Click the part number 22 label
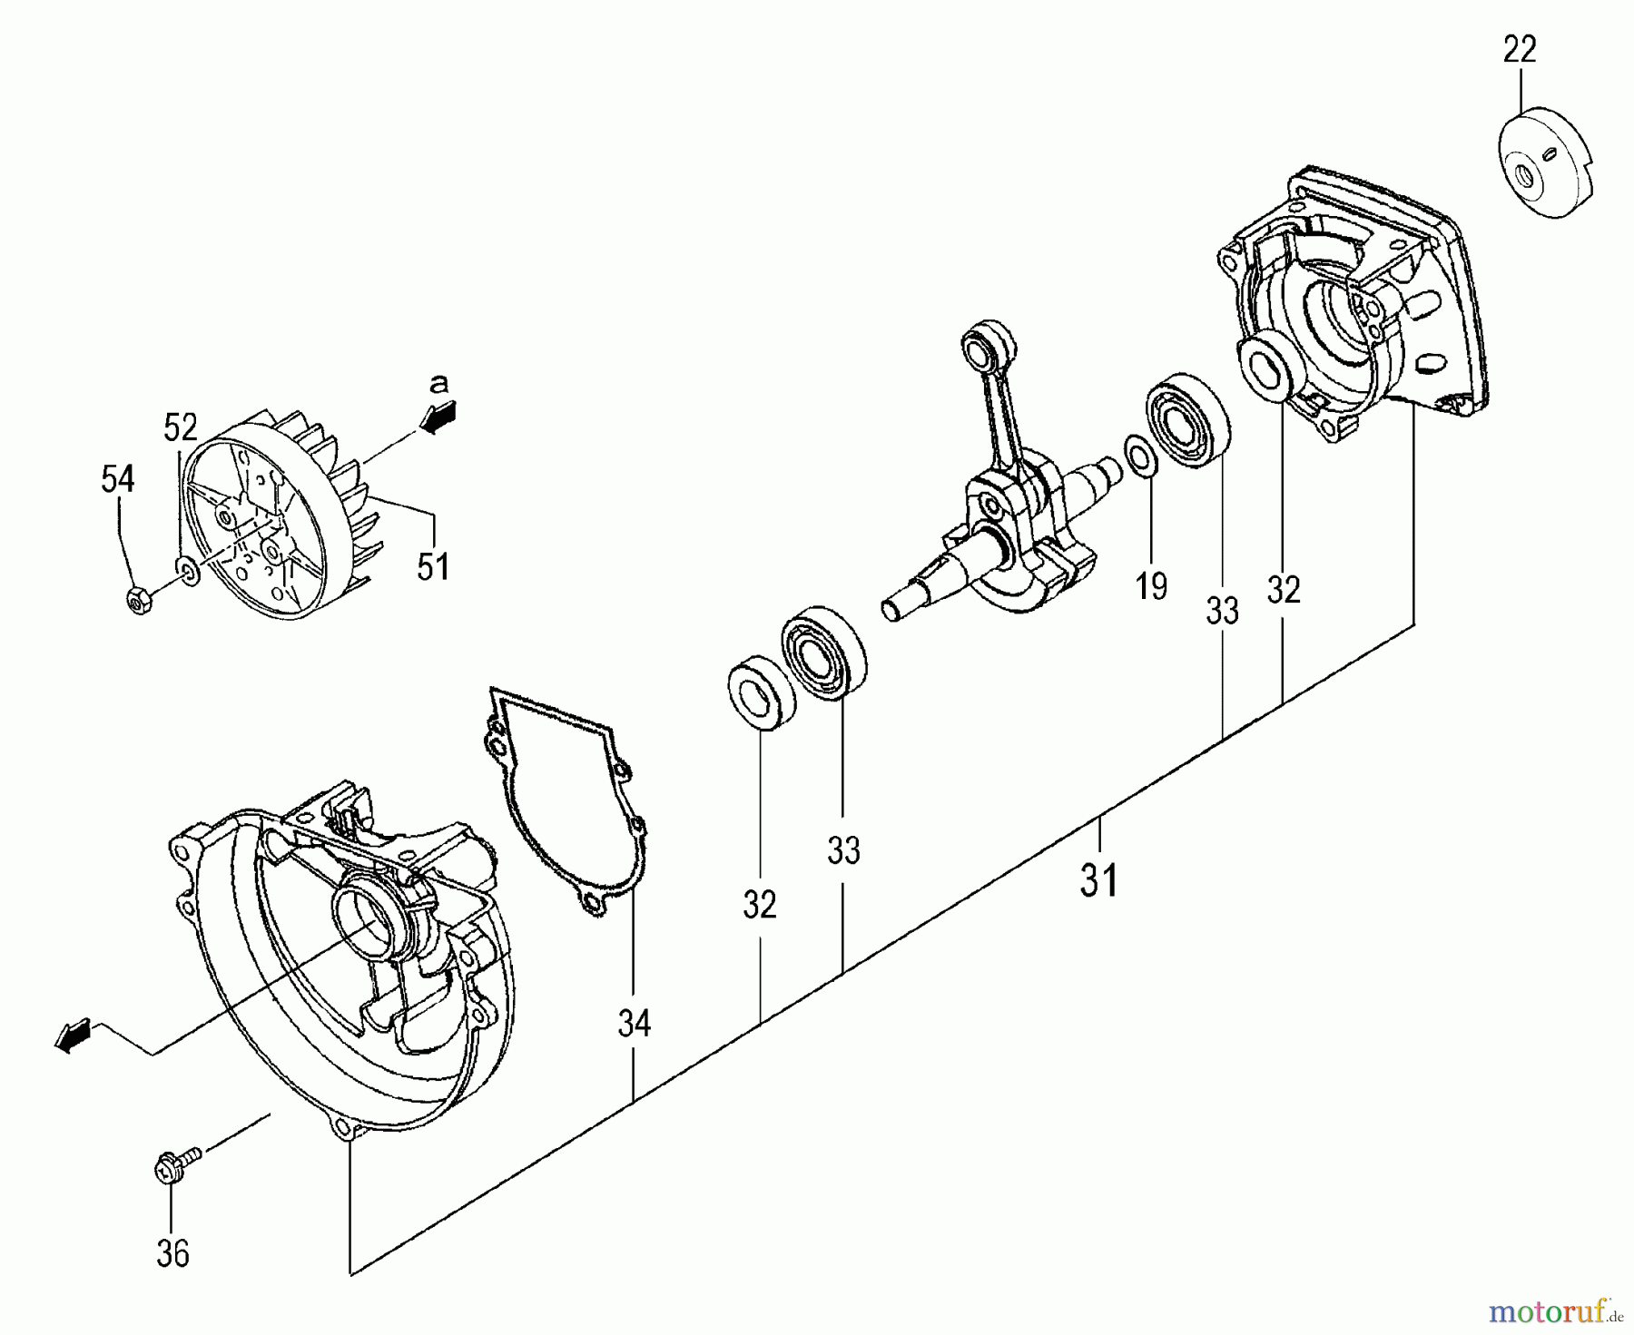click(x=1520, y=49)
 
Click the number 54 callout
click(x=118, y=478)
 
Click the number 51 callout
click(x=433, y=566)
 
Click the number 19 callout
click(x=1151, y=586)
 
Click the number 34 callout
click(x=635, y=1024)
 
